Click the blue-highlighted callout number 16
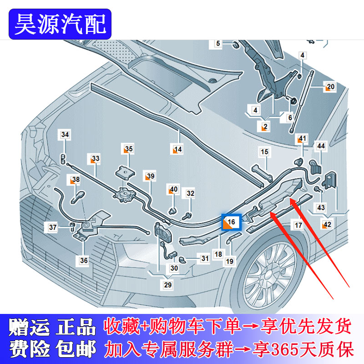(x=232, y=222)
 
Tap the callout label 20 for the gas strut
(x=330, y=87)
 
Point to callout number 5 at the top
(x=218, y=44)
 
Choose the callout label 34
(x=65, y=135)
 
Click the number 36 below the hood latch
(x=84, y=261)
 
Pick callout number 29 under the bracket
(x=168, y=285)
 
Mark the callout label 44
(x=321, y=146)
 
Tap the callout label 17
(x=298, y=225)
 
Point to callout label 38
(x=75, y=180)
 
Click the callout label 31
(x=205, y=258)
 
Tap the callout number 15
(x=264, y=152)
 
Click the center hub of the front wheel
(x=264, y=275)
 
